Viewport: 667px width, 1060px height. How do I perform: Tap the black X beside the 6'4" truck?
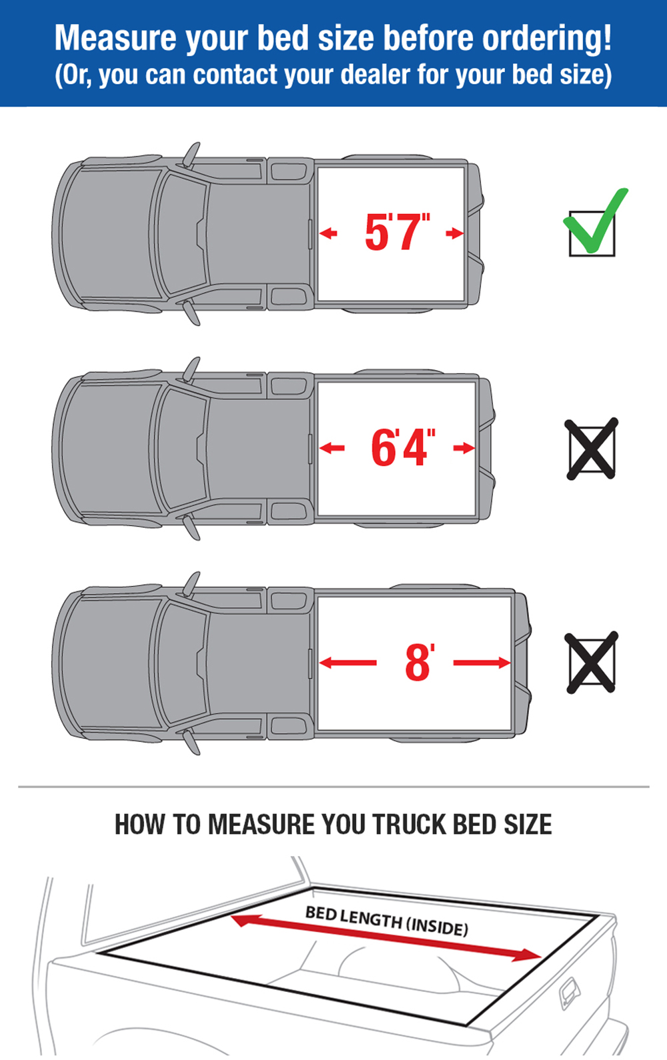[592, 449]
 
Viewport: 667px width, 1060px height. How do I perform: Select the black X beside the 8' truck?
[592, 663]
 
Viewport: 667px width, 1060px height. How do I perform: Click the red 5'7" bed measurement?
[397, 231]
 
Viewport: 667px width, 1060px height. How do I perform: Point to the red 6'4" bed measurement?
[403, 447]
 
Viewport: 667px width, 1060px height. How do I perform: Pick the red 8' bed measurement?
[420, 662]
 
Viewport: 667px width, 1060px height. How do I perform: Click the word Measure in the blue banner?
[115, 38]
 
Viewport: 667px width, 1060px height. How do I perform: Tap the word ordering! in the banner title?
[547, 39]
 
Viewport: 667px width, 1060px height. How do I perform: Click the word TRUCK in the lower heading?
[410, 825]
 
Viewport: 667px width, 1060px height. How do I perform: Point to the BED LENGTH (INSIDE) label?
[387, 920]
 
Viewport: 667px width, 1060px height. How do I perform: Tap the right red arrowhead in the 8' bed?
[504, 663]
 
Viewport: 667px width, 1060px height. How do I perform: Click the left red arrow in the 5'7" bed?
[328, 233]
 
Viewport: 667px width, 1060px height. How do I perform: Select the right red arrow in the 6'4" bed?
[464, 448]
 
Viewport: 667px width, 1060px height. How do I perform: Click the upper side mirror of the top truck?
[191, 154]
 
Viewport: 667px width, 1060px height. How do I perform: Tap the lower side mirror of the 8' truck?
[191, 741]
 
